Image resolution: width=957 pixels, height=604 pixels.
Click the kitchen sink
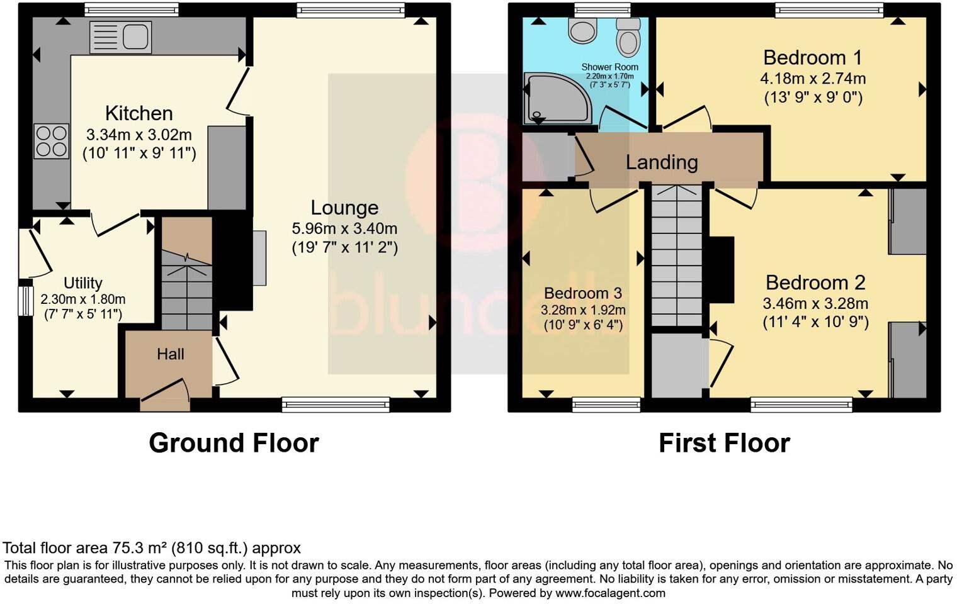(121, 37)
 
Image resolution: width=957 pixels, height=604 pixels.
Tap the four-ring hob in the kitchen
(51, 141)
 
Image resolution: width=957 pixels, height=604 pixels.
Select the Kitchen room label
(139, 113)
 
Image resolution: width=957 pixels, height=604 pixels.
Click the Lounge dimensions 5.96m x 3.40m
(344, 228)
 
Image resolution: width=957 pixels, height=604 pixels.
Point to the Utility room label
(82, 283)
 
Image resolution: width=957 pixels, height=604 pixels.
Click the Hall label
(170, 354)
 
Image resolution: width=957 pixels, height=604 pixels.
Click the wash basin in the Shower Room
(582, 30)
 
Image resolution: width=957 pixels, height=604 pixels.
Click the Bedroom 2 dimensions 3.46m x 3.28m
(815, 303)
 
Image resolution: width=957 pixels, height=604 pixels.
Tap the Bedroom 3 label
(582, 293)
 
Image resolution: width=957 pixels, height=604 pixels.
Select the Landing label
(662, 162)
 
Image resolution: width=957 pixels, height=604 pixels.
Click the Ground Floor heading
(234, 443)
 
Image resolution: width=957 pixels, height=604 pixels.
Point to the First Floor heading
(724, 443)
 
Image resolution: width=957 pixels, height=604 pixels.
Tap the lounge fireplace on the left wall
(259, 259)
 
